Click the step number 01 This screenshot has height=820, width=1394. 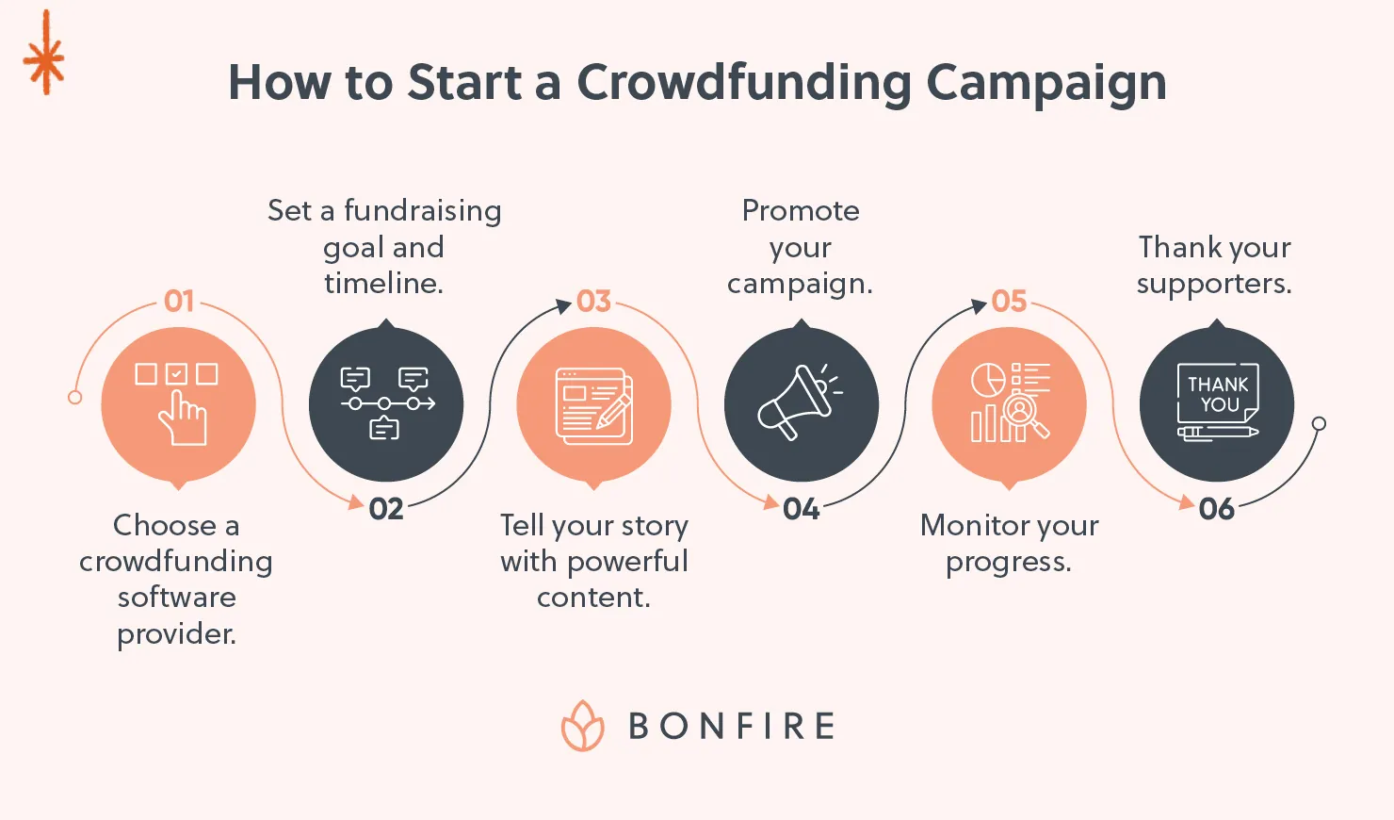click(x=179, y=301)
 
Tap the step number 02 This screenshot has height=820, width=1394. click(x=386, y=509)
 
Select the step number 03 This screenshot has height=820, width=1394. click(x=594, y=301)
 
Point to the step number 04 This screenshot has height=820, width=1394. click(x=802, y=509)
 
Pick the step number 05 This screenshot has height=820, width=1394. click(x=1009, y=301)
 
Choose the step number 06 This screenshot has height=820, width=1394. click(x=1216, y=509)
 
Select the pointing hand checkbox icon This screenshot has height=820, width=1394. click(x=178, y=403)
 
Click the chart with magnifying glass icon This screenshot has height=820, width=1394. click(x=1010, y=402)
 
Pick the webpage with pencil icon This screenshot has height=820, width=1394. click(x=594, y=405)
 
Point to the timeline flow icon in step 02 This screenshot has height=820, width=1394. click(x=386, y=403)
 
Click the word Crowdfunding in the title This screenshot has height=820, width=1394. click(x=743, y=83)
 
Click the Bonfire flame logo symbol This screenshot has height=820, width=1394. click(x=583, y=726)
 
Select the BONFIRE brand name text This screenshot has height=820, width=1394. click(x=732, y=727)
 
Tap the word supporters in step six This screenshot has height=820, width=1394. click(x=1213, y=284)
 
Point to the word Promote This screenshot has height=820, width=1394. click(x=801, y=210)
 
